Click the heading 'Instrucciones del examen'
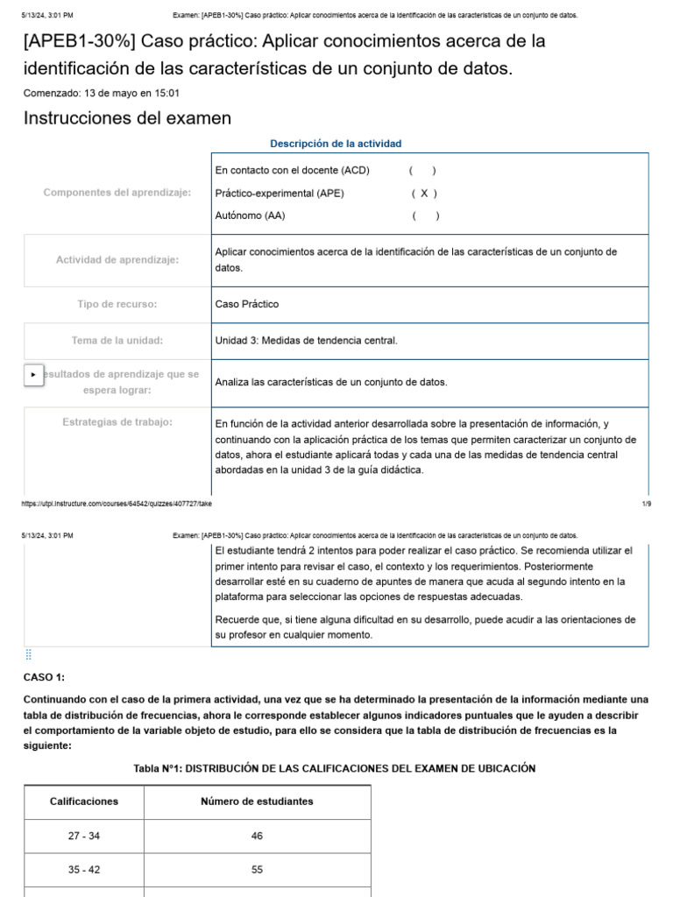[x=127, y=118]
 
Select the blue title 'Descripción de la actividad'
[x=336, y=144]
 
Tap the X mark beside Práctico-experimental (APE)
[x=424, y=194]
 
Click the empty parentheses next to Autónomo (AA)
[x=425, y=215]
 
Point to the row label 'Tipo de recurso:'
[x=117, y=304]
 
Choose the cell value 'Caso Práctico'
[x=247, y=304]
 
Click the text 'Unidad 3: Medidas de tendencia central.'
[x=306, y=341]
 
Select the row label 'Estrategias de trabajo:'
[x=117, y=422]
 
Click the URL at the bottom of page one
[x=117, y=505]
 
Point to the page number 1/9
[x=646, y=505]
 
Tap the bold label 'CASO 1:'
[x=44, y=677]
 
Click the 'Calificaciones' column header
[x=84, y=802]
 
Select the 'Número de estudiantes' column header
[x=257, y=802]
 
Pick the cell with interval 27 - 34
[x=84, y=837]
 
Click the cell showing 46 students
[x=257, y=837]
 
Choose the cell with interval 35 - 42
[x=84, y=871]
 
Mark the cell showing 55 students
[x=257, y=871]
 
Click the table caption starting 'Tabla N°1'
[x=334, y=768]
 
